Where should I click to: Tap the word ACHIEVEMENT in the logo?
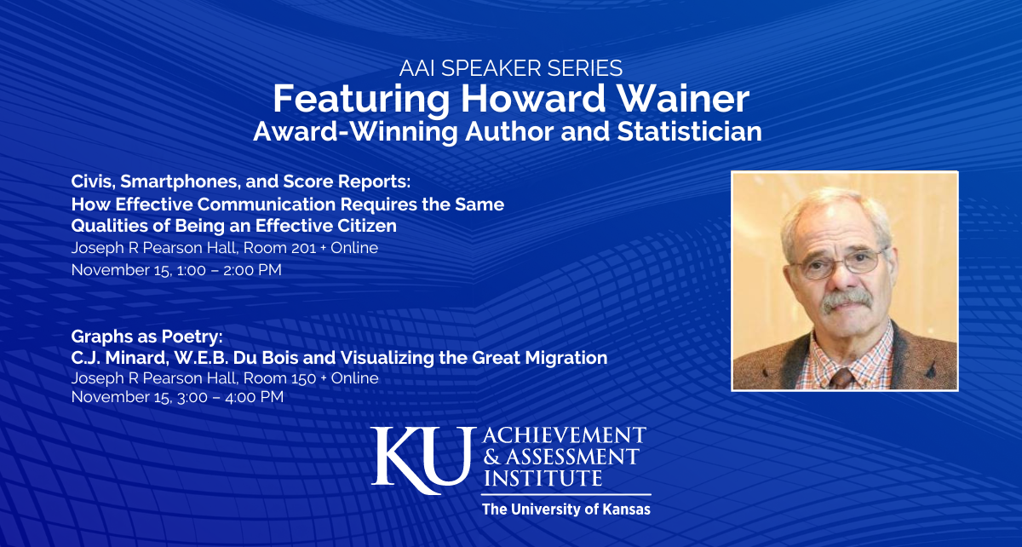click(564, 434)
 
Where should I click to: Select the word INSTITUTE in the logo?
click(543, 478)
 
